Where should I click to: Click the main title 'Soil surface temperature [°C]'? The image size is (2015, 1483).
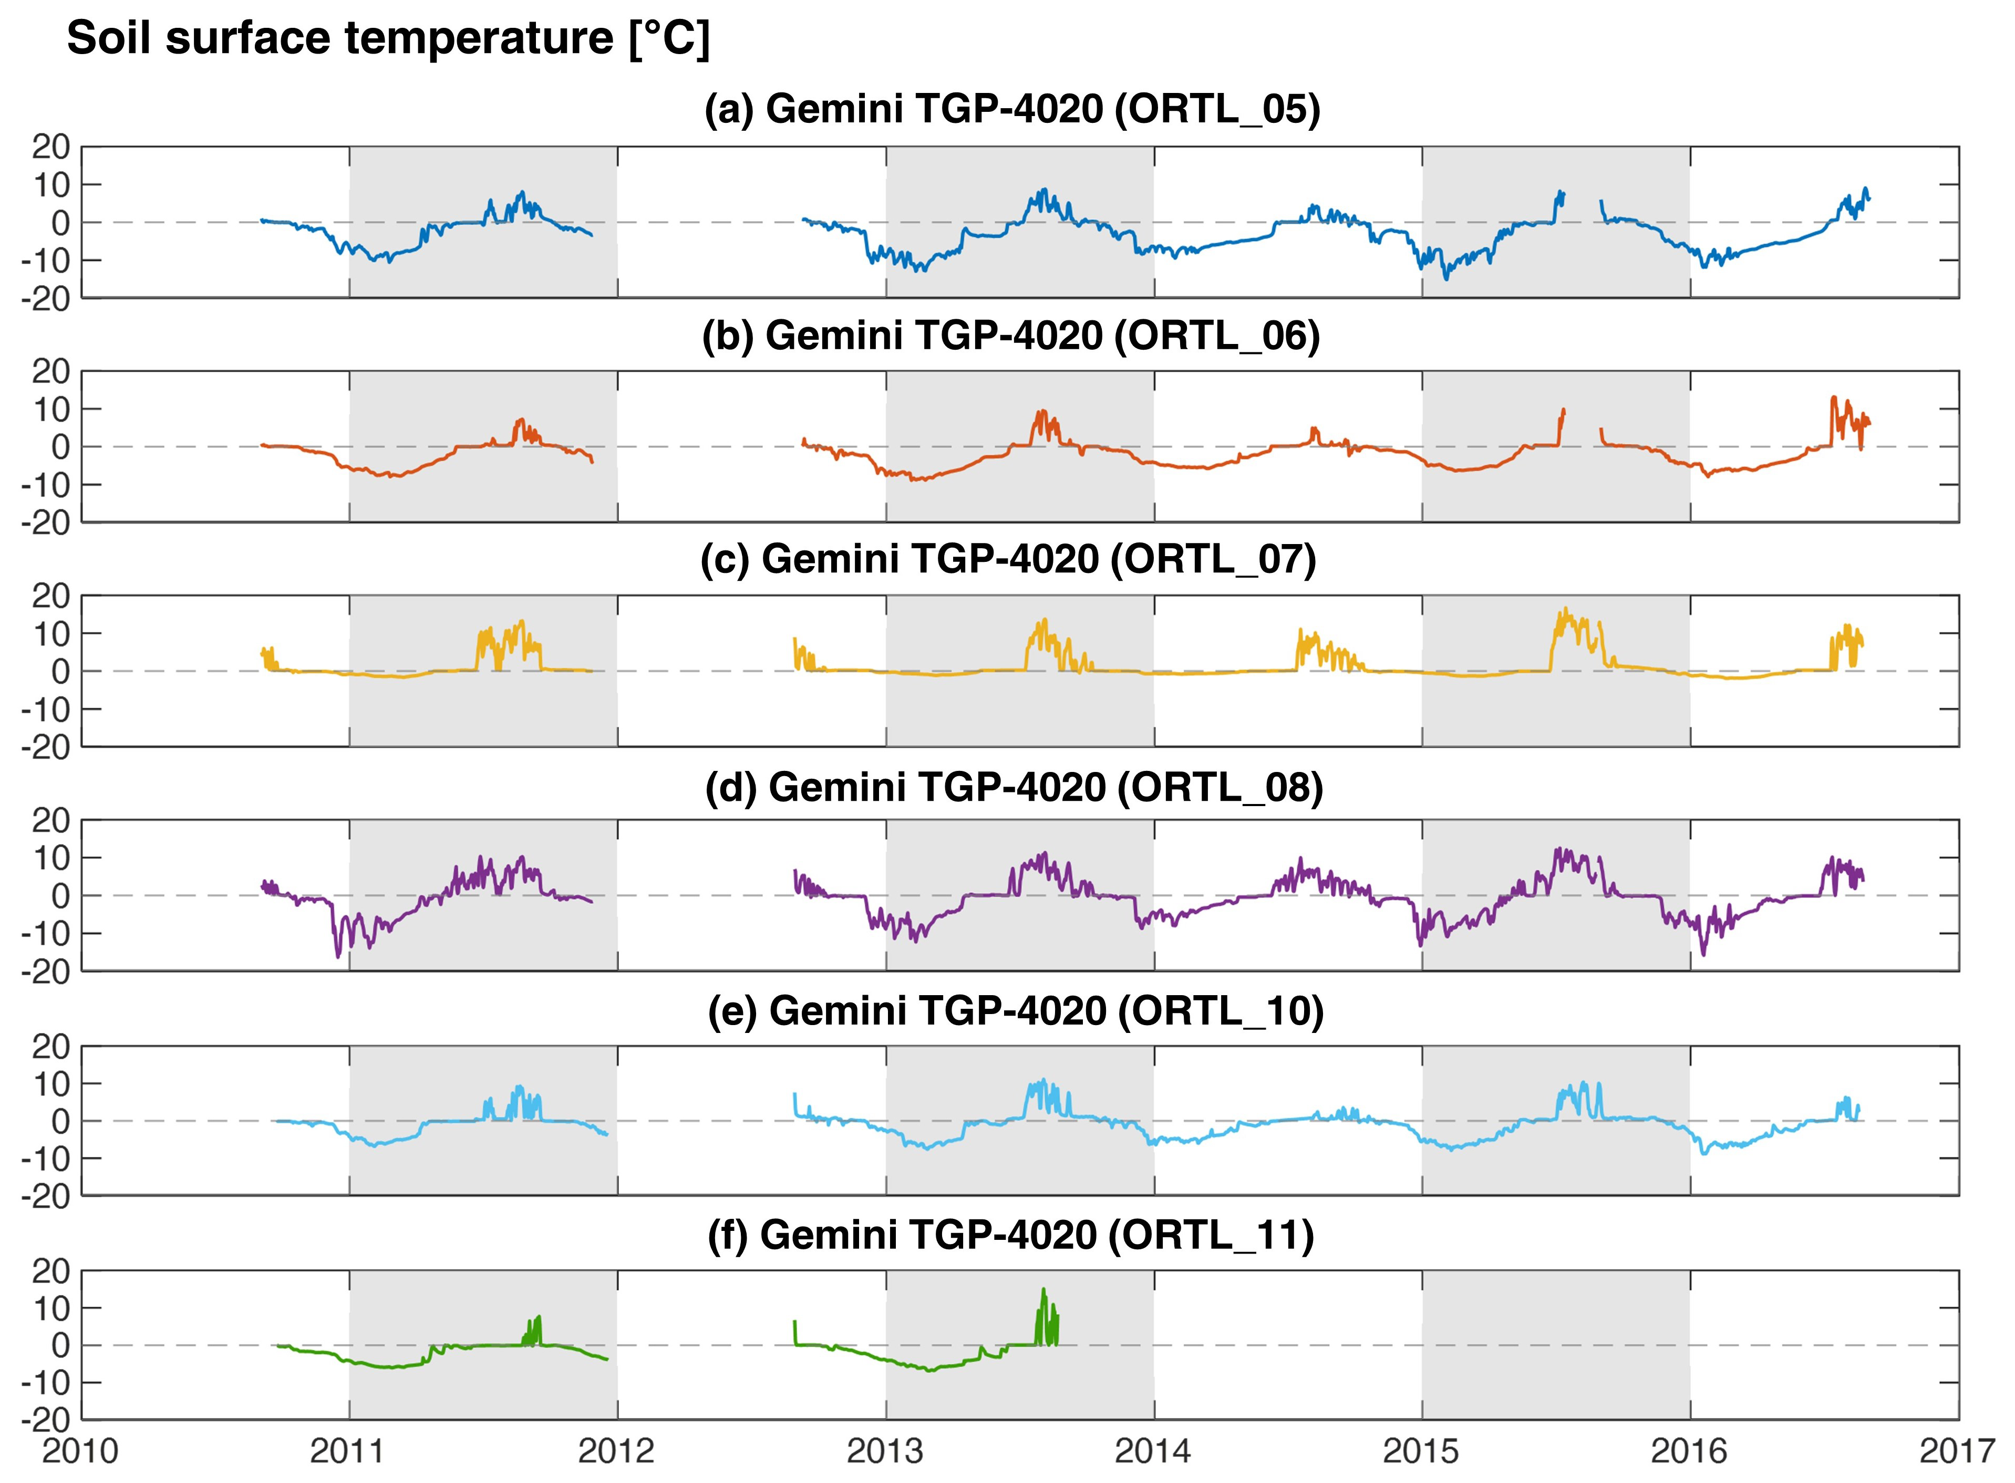[x=388, y=39]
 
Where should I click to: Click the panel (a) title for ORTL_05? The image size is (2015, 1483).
[x=1012, y=110]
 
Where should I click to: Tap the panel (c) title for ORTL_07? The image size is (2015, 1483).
[x=1008, y=559]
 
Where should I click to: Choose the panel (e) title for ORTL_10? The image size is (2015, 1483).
[x=1015, y=1011]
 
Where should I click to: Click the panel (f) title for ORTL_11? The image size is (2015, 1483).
[x=1010, y=1235]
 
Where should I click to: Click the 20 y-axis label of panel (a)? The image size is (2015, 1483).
[x=51, y=147]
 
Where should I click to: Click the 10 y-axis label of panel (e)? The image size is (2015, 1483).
[x=51, y=1083]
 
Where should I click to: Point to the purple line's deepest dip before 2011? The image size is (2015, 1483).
[x=338, y=955]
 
